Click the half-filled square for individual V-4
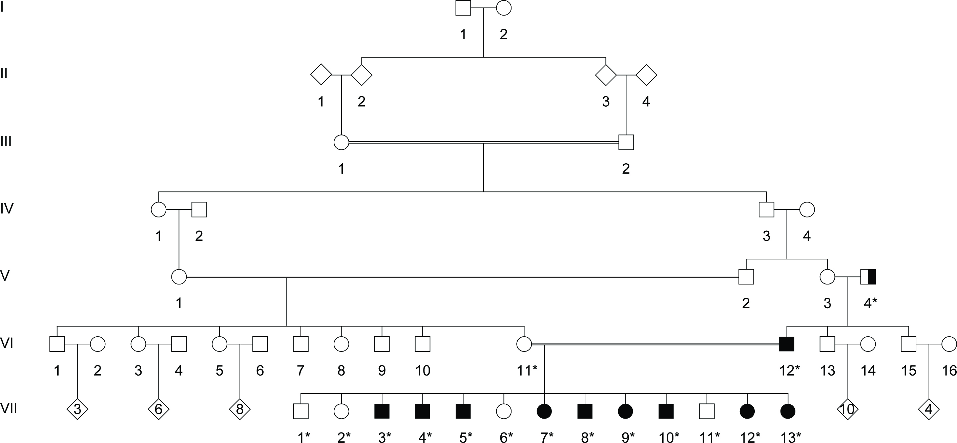pos(868,277)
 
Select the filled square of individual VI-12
pos(787,344)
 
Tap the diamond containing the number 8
pos(240,409)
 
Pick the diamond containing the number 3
pos(77,409)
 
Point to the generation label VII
pos(8,408)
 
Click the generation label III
pos(6,142)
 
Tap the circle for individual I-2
pos(504,8)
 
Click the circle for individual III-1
pos(341,142)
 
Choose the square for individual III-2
pos(626,142)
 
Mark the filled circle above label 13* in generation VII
pos(788,411)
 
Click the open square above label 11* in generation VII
pos(707,411)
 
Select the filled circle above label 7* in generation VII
pos(544,411)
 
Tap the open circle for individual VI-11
pos(524,344)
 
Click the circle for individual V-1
pos(179,277)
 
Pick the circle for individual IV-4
pos(807,210)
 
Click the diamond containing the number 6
pos(159,409)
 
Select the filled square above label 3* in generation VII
pos(382,411)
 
